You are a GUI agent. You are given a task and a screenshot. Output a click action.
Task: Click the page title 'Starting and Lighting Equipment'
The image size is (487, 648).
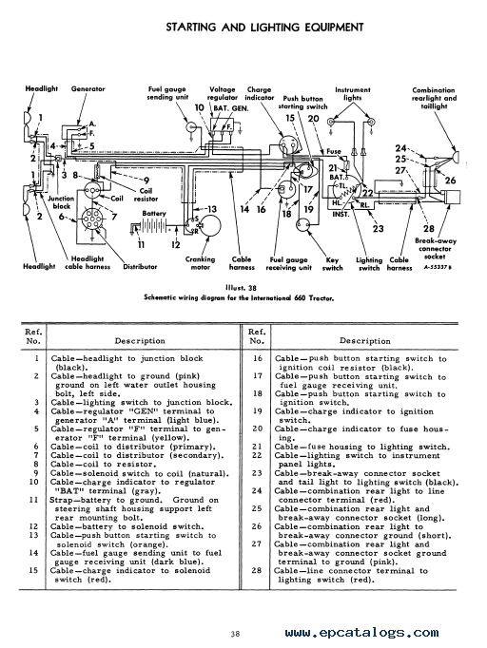pos(264,28)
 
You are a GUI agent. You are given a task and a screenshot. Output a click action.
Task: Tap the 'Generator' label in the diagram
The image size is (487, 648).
pos(88,89)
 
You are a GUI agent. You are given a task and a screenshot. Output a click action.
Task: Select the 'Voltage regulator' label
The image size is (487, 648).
pos(223,93)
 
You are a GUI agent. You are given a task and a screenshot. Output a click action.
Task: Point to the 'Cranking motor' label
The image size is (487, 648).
pos(201,263)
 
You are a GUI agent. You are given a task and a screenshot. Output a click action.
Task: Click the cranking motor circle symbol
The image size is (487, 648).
pos(209,226)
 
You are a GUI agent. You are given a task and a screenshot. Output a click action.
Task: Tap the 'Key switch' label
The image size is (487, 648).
pos(332,263)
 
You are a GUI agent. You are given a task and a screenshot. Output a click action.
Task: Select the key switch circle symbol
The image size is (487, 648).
pos(303,225)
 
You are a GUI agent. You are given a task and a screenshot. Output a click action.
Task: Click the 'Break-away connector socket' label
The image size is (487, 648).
pos(435,248)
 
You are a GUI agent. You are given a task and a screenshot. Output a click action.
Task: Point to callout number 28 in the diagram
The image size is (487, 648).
pos(429,229)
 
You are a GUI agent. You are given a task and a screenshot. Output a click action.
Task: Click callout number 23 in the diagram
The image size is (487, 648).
pos(378,229)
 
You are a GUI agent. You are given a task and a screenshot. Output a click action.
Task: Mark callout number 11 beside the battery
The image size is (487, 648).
pos(142,244)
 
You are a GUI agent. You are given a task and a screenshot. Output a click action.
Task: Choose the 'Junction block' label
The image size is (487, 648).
pos(62,202)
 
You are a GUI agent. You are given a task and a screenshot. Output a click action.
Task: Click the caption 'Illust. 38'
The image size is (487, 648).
pos(239,288)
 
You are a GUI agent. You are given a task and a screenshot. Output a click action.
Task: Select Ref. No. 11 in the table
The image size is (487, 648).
pos(33,500)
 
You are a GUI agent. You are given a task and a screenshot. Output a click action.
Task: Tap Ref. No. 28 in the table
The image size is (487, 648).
pos(257,571)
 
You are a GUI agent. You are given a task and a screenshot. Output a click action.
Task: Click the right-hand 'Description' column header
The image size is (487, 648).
pos(365,341)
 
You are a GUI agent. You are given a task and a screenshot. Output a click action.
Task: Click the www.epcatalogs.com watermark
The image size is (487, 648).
pos(361,632)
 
